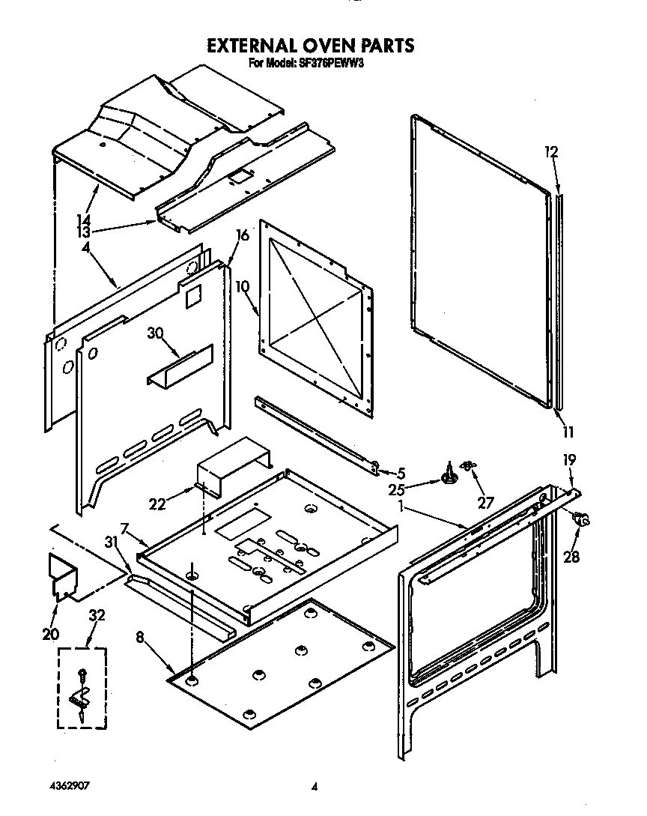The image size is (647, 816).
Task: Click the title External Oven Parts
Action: (x=310, y=46)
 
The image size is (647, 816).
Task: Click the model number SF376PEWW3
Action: (x=336, y=64)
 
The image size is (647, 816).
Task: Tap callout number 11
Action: (x=568, y=431)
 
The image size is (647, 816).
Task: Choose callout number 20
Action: (x=50, y=634)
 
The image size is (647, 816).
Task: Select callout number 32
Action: (x=97, y=615)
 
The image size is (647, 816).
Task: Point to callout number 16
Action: (x=242, y=235)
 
